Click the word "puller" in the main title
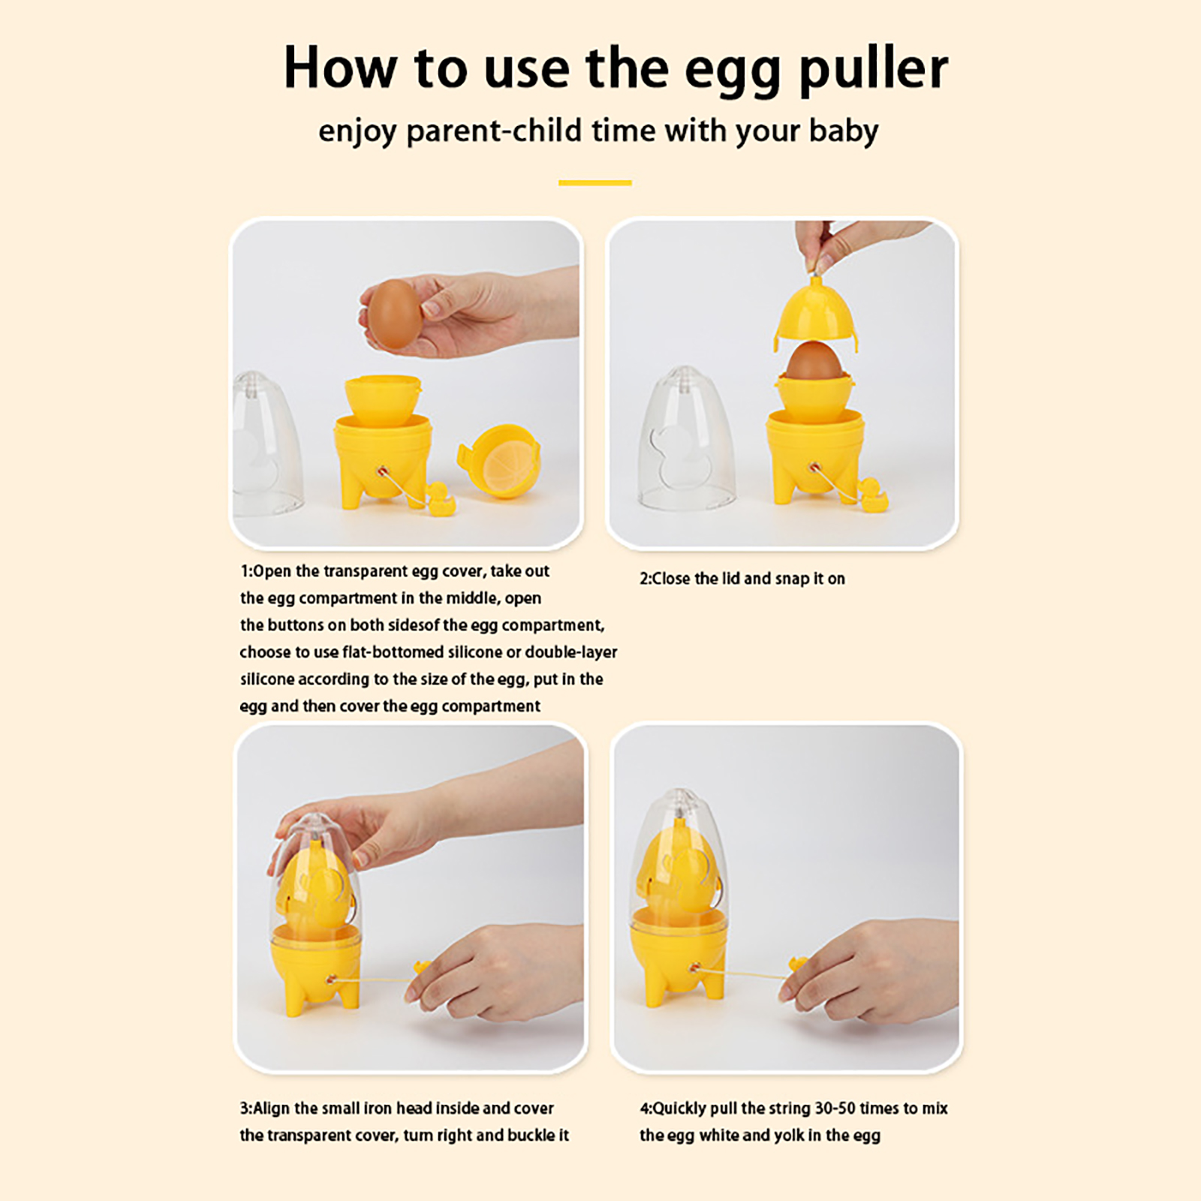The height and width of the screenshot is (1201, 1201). [873, 70]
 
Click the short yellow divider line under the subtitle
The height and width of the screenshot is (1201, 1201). [594, 182]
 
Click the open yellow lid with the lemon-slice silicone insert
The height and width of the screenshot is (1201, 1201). [500, 461]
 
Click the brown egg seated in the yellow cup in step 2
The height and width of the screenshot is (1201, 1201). [811, 363]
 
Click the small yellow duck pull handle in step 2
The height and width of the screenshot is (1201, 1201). [873, 496]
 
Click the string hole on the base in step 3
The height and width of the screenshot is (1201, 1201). [330, 980]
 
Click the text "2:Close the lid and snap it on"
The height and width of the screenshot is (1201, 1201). [742, 579]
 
